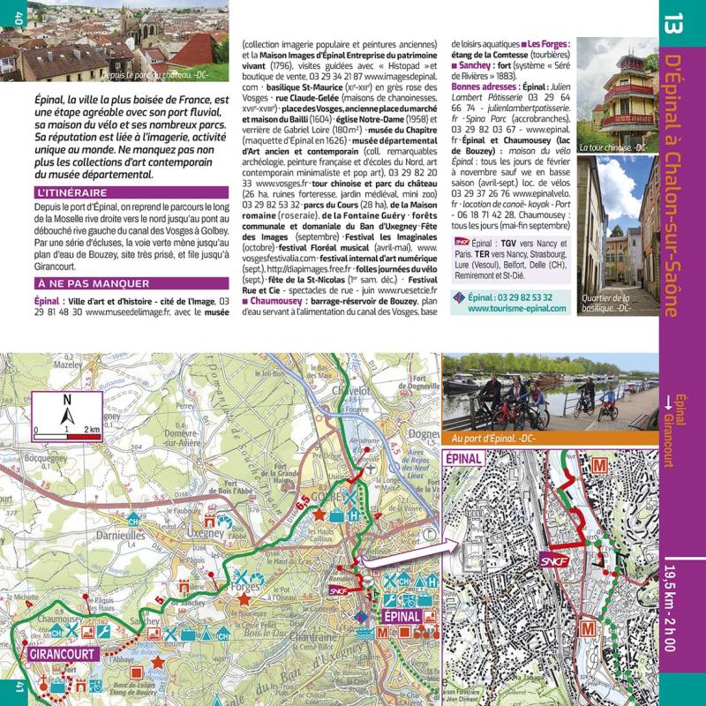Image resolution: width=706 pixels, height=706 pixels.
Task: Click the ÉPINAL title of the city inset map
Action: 464,459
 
